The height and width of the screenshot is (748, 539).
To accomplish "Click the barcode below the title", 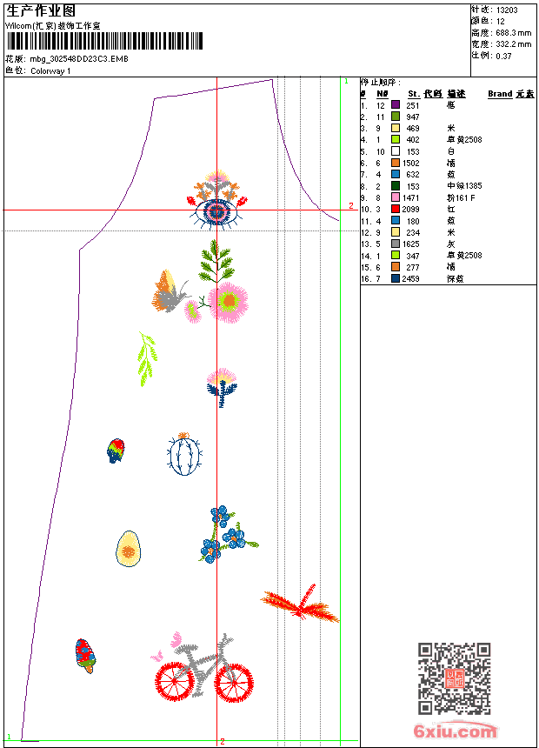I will [104, 41].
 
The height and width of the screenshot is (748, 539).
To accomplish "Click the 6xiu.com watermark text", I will [455, 731].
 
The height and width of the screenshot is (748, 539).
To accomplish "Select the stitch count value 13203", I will [507, 10].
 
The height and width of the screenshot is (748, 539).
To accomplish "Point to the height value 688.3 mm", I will [513, 32].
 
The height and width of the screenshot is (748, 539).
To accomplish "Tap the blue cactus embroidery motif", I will [184, 455].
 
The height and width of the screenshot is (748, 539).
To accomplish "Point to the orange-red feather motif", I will [299, 603].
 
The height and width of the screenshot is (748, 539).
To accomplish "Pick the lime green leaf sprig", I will [148, 358].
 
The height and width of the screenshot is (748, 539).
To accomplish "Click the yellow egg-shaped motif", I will [129, 550].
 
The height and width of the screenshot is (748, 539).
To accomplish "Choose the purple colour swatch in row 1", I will [396, 105].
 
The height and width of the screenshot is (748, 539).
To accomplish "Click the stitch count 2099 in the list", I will [411, 210].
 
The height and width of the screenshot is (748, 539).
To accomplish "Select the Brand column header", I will [500, 94].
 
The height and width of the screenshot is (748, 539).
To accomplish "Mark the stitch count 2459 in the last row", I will [411, 278].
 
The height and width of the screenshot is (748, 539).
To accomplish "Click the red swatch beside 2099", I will [396, 210].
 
